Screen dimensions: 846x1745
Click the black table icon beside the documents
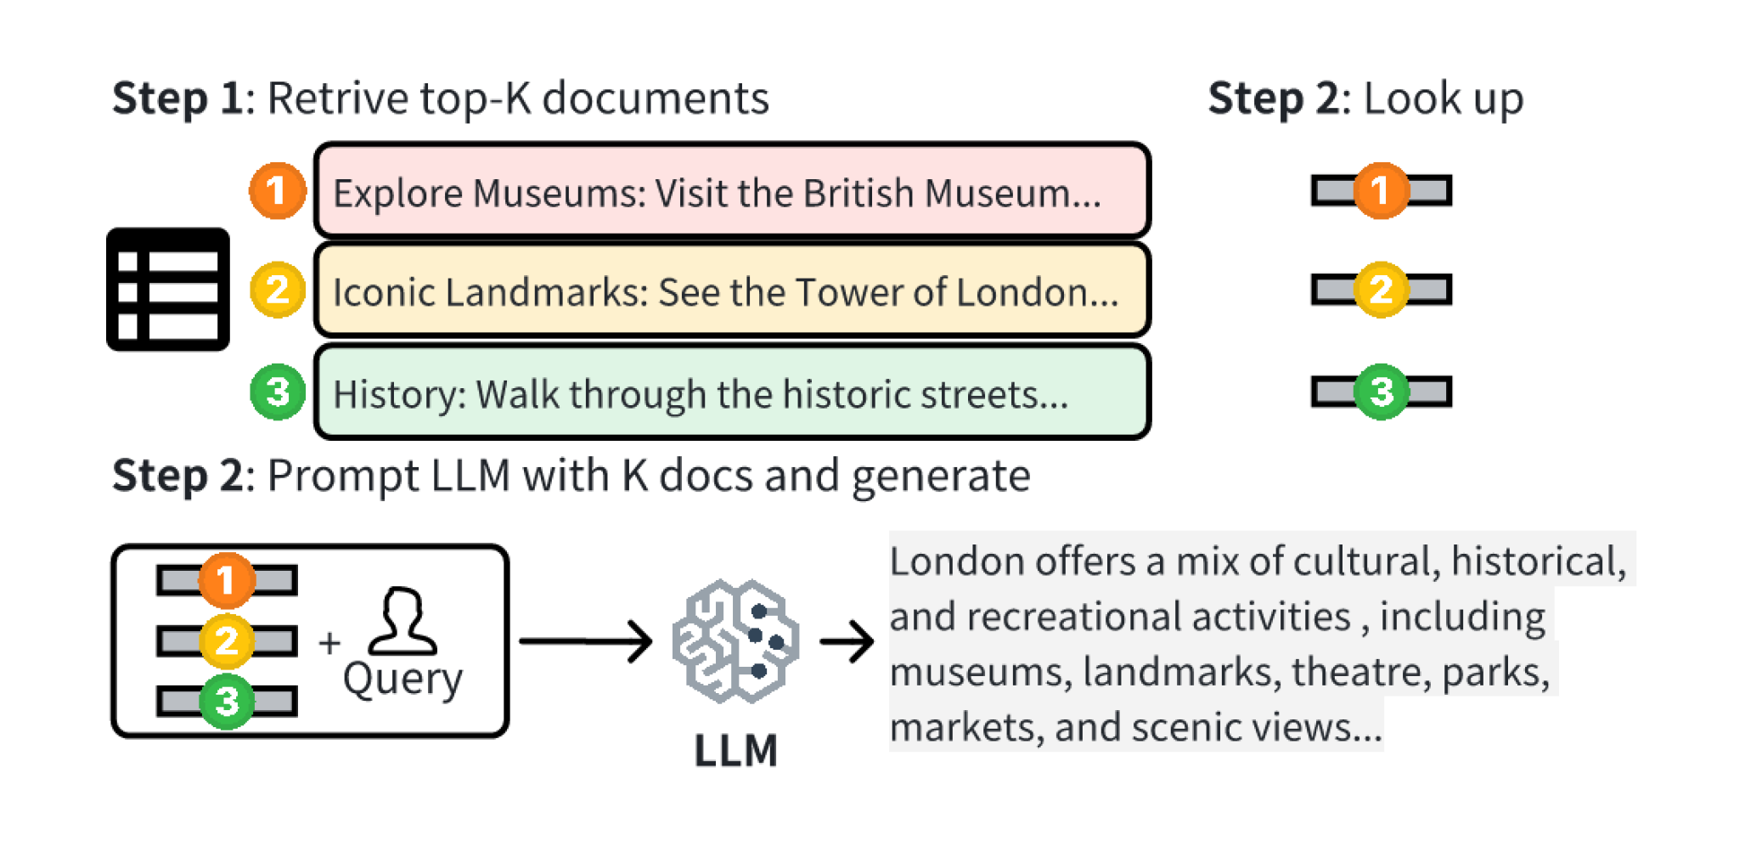click(x=167, y=290)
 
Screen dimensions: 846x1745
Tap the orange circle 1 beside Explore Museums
click(x=277, y=190)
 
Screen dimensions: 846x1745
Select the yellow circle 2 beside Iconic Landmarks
click(x=277, y=290)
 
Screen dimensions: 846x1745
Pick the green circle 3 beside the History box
click(x=277, y=392)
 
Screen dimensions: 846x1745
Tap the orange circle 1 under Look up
click(x=1381, y=190)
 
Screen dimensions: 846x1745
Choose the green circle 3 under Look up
click(x=1381, y=392)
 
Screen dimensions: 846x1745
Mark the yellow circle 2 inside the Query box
click(x=226, y=640)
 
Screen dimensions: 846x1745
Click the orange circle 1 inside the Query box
click(x=226, y=580)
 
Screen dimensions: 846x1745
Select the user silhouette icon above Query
click(x=402, y=623)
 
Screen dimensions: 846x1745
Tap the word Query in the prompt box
click(x=402, y=680)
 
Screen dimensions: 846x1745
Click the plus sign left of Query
click(x=329, y=642)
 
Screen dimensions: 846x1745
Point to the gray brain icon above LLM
click(x=735, y=641)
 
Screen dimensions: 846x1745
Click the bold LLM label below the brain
click(x=735, y=751)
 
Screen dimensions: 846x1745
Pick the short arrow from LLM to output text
click(x=847, y=641)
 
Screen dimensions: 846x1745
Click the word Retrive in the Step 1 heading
click(x=338, y=99)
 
